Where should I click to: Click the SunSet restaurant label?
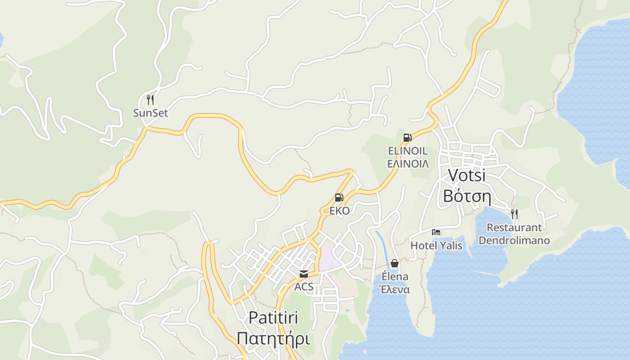click(x=150, y=113)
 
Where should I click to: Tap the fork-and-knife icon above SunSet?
click(x=150, y=99)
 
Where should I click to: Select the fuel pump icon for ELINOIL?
click(x=407, y=138)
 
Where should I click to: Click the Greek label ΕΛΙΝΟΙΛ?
click(x=408, y=163)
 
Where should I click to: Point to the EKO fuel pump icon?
click(x=339, y=198)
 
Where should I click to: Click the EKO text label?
click(x=339, y=211)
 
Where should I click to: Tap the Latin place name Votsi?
click(x=467, y=175)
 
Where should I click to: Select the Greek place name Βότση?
click(x=467, y=196)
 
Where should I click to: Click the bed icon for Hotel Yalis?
click(x=436, y=232)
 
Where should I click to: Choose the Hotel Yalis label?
click(x=436, y=245)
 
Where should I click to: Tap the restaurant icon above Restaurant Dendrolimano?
click(x=514, y=214)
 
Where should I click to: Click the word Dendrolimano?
click(x=514, y=240)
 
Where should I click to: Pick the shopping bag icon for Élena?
click(x=395, y=263)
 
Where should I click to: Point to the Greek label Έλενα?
click(x=395, y=289)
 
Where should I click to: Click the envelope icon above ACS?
click(x=304, y=274)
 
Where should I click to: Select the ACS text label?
click(x=304, y=287)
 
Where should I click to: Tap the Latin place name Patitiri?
click(x=273, y=318)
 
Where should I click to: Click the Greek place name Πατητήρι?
click(x=273, y=338)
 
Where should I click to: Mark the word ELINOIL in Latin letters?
click(x=408, y=151)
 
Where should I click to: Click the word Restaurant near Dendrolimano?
click(x=514, y=227)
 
